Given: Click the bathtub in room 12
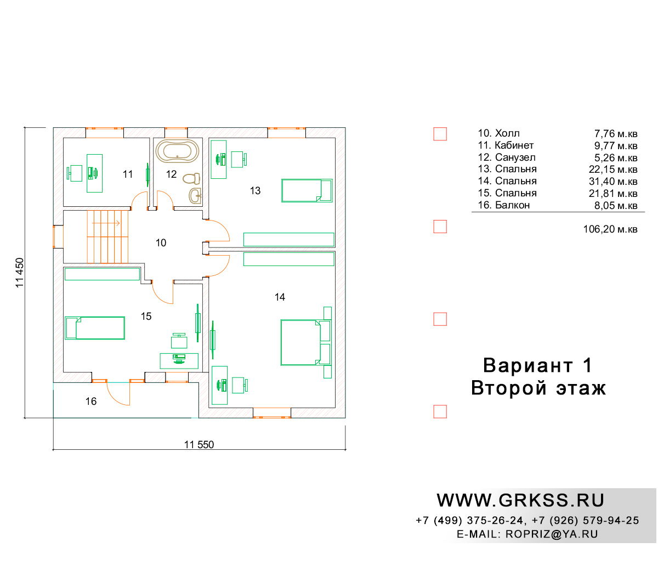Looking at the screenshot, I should (177, 151).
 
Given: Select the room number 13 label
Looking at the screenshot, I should (255, 191).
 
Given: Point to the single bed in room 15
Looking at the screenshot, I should (95, 328).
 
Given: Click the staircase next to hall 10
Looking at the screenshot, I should (107, 237).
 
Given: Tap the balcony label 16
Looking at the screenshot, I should (91, 402).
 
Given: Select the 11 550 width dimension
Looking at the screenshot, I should (199, 444).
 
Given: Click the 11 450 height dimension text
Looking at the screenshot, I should (20, 273).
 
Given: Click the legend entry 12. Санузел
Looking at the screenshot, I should (507, 157).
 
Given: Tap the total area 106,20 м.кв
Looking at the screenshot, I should (610, 229).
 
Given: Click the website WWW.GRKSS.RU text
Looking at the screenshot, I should (520, 500).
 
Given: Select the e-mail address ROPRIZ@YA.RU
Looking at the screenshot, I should (552, 534).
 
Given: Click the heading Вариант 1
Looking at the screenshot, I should (537, 365).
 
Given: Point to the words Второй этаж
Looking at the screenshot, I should (538, 388).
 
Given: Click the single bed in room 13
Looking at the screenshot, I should (307, 190).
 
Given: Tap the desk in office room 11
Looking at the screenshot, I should (94, 173).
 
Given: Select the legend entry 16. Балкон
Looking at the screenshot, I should (504, 205).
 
